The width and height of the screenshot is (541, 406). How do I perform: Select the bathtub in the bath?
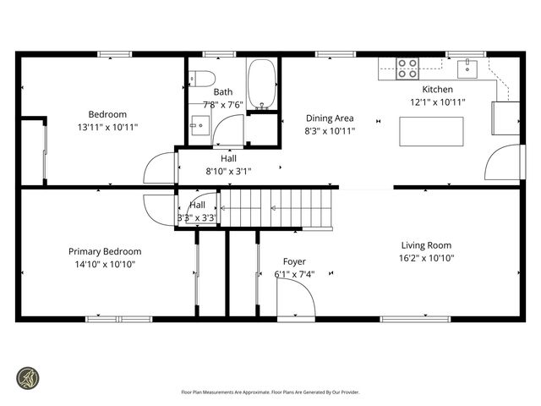tap(262, 85)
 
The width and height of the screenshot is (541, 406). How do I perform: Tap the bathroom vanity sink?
tap(199, 125)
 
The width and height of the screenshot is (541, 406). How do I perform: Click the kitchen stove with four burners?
tap(407, 69)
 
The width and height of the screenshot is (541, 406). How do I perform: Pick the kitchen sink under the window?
tap(467, 69)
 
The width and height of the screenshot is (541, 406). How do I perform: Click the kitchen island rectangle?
tap(431, 132)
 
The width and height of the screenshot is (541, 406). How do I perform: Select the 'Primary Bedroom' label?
tap(105, 251)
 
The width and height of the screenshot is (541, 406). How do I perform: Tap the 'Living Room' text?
tap(427, 245)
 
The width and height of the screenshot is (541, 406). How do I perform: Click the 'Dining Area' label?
tap(330, 118)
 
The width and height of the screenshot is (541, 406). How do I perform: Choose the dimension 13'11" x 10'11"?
tap(107, 127)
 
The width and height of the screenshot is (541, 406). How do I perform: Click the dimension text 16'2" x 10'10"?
tap(427, 258)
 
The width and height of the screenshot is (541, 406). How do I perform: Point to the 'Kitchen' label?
tap(437, 90)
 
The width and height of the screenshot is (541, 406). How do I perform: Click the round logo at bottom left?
tap(28, 377)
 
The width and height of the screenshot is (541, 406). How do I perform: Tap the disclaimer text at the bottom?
tap(270, 392)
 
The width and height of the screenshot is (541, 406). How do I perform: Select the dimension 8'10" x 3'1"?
tap(228, 171)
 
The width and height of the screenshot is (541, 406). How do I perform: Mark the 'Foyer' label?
tap(294, 261)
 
